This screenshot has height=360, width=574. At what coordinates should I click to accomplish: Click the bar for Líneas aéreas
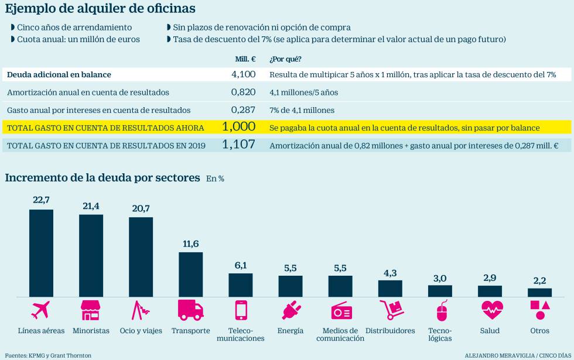[41, 253]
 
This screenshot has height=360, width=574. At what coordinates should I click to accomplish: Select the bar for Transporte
[190, 274]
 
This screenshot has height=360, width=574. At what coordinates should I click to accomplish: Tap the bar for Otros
[539, 292]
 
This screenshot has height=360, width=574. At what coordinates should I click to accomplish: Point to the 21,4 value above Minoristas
[91, 207]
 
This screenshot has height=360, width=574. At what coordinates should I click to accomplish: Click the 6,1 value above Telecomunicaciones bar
[240, 266]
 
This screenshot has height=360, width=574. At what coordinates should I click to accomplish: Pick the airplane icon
[41, 310]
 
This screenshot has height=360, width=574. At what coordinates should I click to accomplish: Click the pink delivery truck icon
[190, 310]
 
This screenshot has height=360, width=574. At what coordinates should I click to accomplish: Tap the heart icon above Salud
[490, 310]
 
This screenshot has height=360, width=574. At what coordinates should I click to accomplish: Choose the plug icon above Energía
[291, 310]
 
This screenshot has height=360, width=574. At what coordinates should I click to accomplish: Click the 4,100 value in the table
[243, 74]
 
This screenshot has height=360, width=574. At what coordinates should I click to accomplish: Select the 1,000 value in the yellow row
[239, 127]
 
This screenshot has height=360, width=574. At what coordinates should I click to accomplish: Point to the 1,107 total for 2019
[239, 145]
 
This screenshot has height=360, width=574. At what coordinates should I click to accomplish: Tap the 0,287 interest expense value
[243, 110]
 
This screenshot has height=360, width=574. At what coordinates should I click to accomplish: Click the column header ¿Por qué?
[285, 59]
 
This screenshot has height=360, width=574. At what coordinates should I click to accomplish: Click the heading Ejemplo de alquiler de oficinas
[100, 9]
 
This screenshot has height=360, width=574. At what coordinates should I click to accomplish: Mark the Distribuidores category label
[390, 331]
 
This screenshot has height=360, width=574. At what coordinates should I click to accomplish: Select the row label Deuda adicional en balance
[59, 75]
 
